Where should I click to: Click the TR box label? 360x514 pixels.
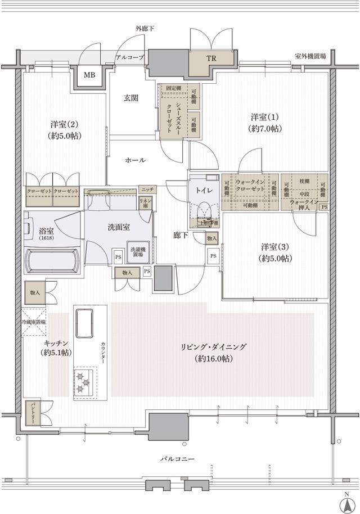(x=211, y=59)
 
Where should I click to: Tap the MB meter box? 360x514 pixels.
(x=89, y=75)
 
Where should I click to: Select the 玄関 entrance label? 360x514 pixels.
(x=131, y=98)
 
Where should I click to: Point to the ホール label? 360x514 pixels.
(x=135, y=160)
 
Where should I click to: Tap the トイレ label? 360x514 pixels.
(x=204, y=191)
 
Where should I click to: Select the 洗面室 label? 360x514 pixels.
(x=119, y=227)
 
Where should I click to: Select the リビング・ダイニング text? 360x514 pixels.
(x=213, y=347)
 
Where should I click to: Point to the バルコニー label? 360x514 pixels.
(x=177, y=459)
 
